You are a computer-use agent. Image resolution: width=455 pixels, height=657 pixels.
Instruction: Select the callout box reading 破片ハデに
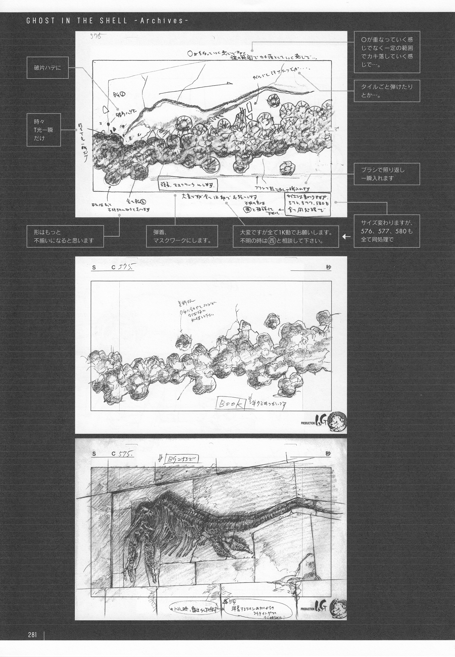point(48,68)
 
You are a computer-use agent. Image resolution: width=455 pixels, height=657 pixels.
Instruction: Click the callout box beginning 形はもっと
point(65,236)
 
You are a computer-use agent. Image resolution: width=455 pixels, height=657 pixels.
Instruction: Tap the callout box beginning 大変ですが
point(286,236)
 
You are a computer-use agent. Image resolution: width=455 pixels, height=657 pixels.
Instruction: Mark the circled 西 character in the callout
point(272,241)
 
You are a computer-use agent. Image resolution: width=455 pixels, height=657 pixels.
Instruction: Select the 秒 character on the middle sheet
point(328,267)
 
